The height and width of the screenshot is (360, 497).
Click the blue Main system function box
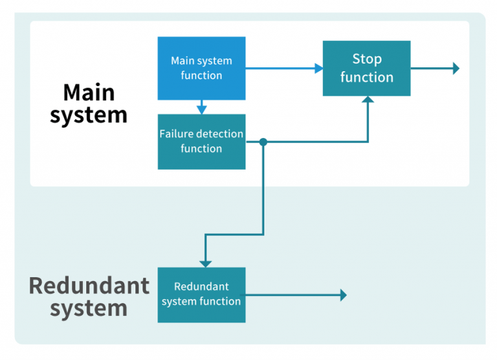[201, 68]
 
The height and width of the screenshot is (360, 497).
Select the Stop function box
[366, 68]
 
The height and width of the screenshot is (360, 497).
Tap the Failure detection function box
[201, 141]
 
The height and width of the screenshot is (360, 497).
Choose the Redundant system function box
[201, 295]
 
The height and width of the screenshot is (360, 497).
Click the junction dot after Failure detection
[263, 141]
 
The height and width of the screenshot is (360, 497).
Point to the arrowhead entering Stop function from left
[318, 68]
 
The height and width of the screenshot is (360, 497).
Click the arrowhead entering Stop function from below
[368, 100]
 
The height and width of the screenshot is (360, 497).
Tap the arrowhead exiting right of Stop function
[456, 68]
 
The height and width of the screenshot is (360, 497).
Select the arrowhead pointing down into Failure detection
[201, 109]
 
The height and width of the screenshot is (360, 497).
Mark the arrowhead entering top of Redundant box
[205, 263]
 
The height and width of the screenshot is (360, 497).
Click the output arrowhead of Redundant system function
[343, 295]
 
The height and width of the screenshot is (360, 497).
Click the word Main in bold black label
[89, 93]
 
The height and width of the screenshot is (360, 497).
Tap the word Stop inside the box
[367, 59]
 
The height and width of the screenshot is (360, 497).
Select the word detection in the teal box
[219, 134]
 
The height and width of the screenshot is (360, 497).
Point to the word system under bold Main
[89, 115]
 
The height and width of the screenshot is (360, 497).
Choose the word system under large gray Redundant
[89, 308]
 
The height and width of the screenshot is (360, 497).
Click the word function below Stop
[367, 77]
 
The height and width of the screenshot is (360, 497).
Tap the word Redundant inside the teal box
[201, 287]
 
